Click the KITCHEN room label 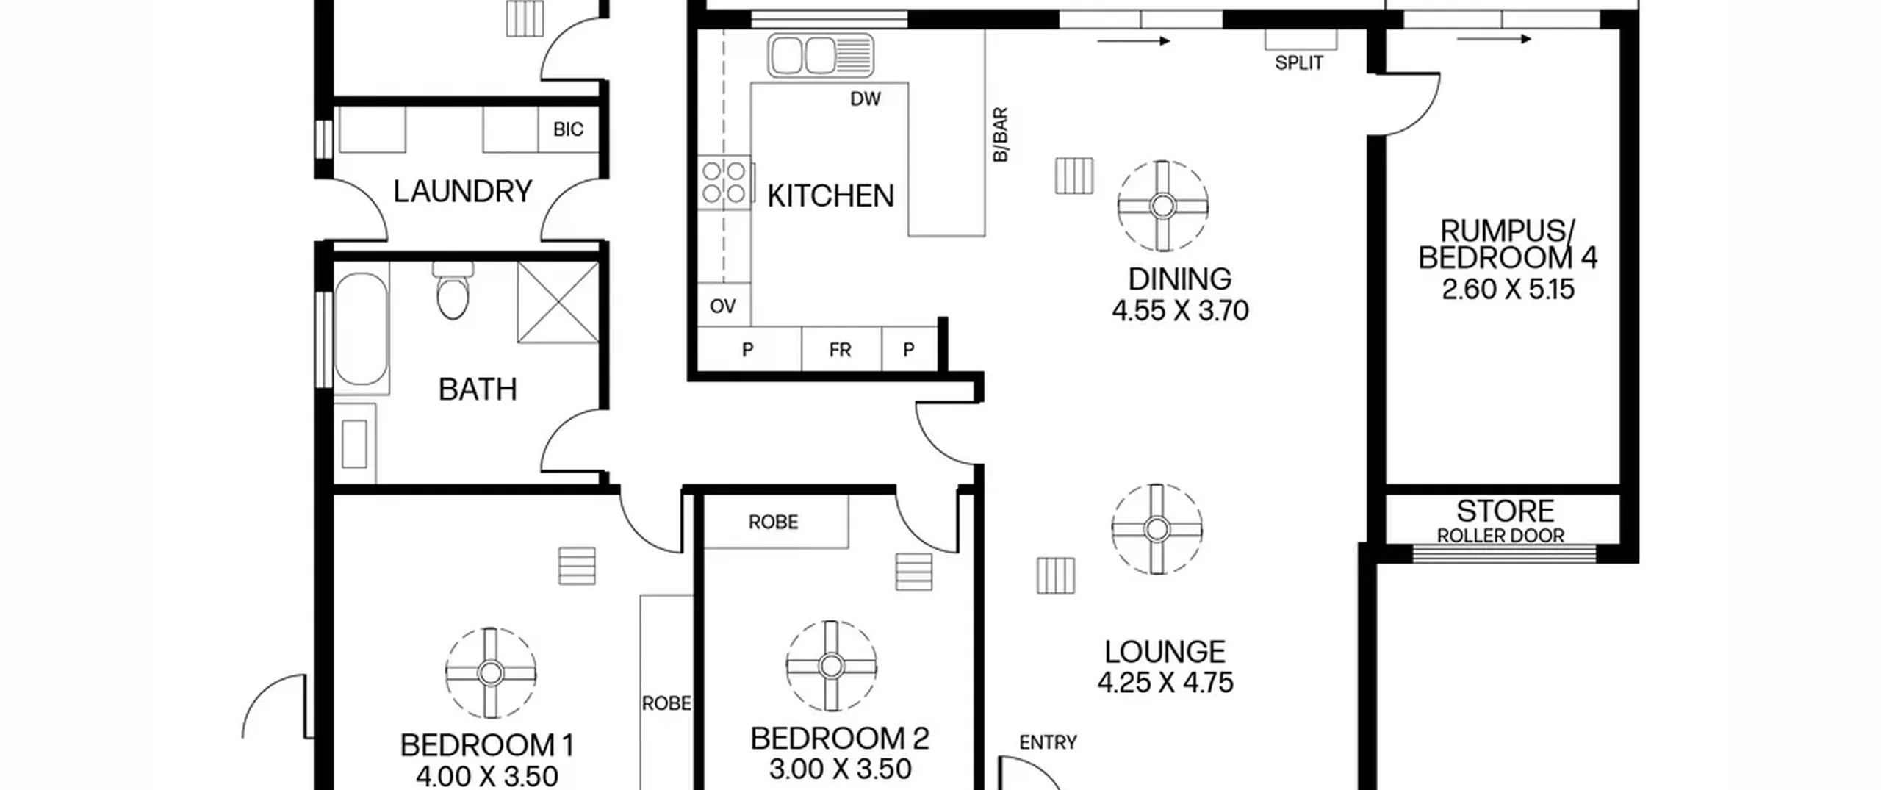click(x=830, y=196)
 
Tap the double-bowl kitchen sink click(x=821, y=55)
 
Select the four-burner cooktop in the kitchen click(x=724, y=182)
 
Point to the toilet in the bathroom click(x=453, y=290)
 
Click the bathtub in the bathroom click(x=361, y=328)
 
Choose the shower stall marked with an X click(x=558, y=302)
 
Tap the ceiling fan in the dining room click(x=1162, y=206)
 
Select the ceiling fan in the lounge click(x=1157, y=529)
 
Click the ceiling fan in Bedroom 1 click(x=491, y=672)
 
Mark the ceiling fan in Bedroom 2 click(x=831, y=666)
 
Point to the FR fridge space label click(x=840, y=350)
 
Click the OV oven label click(x=723, y=306)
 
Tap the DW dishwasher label click(x=866, y=99)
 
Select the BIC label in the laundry click(x=568, y=129)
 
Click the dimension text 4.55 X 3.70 click(x=1180, y=311)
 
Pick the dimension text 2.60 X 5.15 click(x=1508, y=290)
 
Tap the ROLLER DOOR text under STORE click(x=1500, y=536)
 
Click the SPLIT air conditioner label click(x=1299, y=63)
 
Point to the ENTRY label click(x=1048, y=743)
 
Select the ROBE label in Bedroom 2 click(x=773, y=522)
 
